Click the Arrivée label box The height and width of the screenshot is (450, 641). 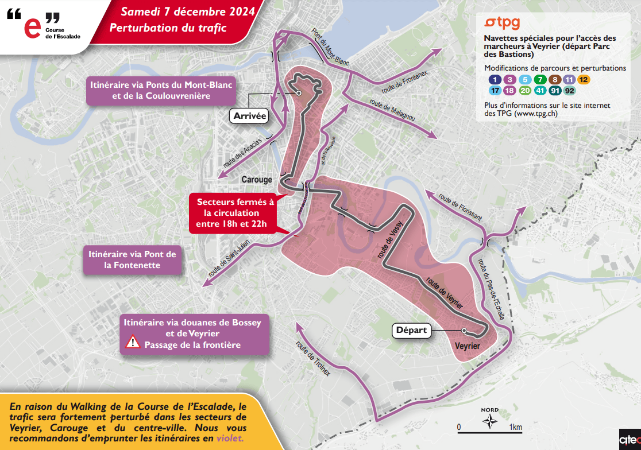pyautogui.click(x=250, y=116)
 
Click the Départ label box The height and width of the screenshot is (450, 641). pyautogui.click(x=411, y=330)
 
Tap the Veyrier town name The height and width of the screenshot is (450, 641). pyautogui.click(x=467, y=346)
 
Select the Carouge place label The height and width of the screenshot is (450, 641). pyautogui.click(x=257, y=180)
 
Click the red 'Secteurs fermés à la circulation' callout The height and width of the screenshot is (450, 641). pyautogui.click(x=231, y=212)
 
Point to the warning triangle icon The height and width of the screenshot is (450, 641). pyautogui.click(x=133, y=344)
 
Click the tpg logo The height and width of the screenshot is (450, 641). pyautogui.click(x=502, y=23)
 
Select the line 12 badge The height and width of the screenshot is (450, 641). pyautogui.click(x=584, y=80)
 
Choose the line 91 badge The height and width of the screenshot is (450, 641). pyautogui.click(x=555, y=91)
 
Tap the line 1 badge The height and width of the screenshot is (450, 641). pyautogui.click(x=495, y=80)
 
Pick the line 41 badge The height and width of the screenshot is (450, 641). pyautogui.click(x=540, y=91)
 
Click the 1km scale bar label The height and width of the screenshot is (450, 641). pyautogui.click(x=515, y=427)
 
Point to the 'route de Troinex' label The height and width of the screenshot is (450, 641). pyautogui.click(x=314, y=359)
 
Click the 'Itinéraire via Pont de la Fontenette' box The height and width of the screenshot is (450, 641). pyautogui.click(x=132, y=259)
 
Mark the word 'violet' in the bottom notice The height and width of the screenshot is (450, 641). pyautogui.click(x=231, y=438)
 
